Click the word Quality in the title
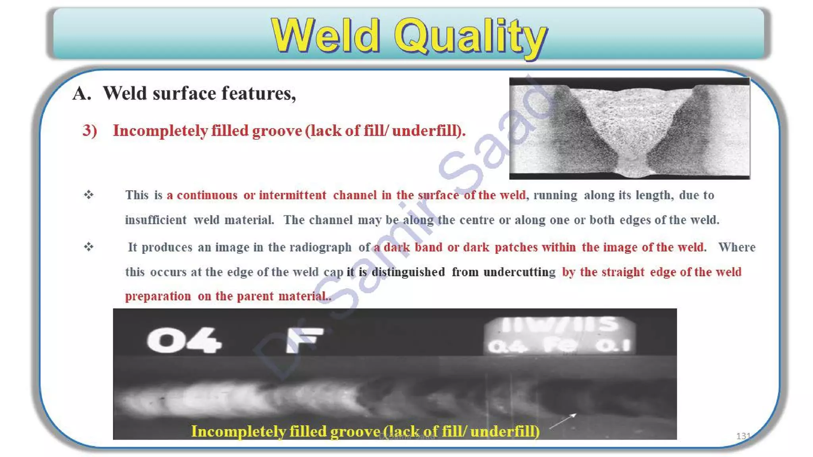[x=471, y=36]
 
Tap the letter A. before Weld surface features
[x=81, y=94]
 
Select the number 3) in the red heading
[x=90, y=131]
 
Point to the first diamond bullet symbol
[x=89, y=194]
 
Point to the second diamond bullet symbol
[x=89, y=247]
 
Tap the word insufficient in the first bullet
[x=156, y=220]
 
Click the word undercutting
[x=519, y=272]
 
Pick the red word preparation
[x=158, y=296]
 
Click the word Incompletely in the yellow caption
[x=238, y=431]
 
